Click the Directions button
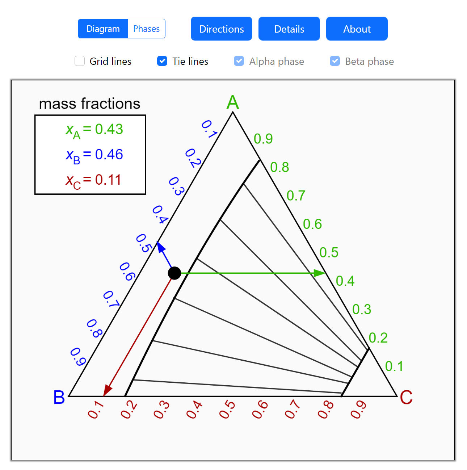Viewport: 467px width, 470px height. tap(221, 29)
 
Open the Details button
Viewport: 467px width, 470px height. tap(289, 29)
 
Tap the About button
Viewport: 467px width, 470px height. tap(357, 29)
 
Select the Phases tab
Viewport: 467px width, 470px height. tap(146, 29)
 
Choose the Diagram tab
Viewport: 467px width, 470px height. tap(103, 29)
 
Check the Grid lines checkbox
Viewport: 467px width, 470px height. tap(80, 61)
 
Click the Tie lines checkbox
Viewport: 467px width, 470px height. tap(162, 61)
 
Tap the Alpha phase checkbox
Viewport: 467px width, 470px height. tap(239, 61)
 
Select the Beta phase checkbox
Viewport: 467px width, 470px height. tap(335, 61)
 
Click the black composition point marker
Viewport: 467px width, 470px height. tap(174, 273)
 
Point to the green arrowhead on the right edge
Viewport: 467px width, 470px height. tap(319, 273)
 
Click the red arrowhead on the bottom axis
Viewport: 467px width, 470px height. tap(107, 391)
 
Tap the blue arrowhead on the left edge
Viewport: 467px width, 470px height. tap(160, 247)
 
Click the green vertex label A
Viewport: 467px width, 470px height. tap(233, 102)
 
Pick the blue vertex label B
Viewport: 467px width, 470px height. tap(59, 397)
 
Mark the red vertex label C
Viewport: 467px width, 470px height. tap(406, 397)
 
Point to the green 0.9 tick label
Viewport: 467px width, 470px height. tap(263, 139)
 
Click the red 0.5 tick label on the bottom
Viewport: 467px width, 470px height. tap(227, 410)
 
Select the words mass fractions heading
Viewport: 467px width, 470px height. tap(89, 104)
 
